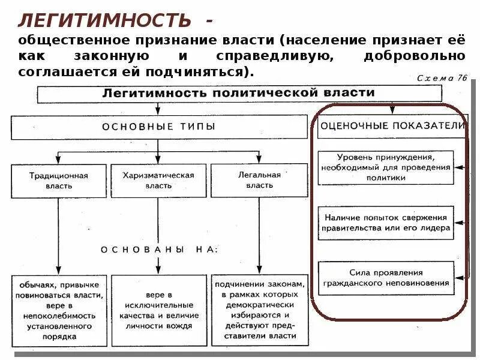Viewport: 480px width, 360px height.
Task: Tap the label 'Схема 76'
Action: pyautogui.click(x=441, y=78)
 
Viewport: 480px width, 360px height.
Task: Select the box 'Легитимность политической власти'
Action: pyautogui.click(x=239, y=94)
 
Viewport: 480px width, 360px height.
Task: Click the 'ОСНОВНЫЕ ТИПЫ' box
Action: pyautogui.click(x=158, y=127)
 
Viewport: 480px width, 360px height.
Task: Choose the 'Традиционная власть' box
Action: pyautogui.click(x=59, y=181)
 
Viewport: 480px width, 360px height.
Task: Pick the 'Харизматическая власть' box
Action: pyautogui.click(x=158, y=181)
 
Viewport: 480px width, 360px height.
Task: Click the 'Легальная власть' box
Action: pyautogui.click(x=259, y=181)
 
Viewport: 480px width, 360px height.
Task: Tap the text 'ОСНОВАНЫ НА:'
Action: pyautogui.click(x=159, y=250)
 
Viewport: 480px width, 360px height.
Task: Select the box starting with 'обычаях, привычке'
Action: pyautogui.click(x=59, y=310)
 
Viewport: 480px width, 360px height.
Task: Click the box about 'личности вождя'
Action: pyautogui.click(x=159, y=310)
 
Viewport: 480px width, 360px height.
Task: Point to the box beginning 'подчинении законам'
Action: pyautogui.click(x=259, y=310)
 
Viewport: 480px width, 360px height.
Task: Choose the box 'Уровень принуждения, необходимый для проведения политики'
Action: pyautogui.click(x=385, y=167)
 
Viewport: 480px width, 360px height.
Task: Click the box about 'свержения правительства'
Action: pyautogui.click(x=385, y=223)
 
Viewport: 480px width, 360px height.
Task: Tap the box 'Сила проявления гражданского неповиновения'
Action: pyautogui.click(x=385, y=278)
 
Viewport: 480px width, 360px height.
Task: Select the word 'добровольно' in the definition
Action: pyautogui.click(x=413, y=56)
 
